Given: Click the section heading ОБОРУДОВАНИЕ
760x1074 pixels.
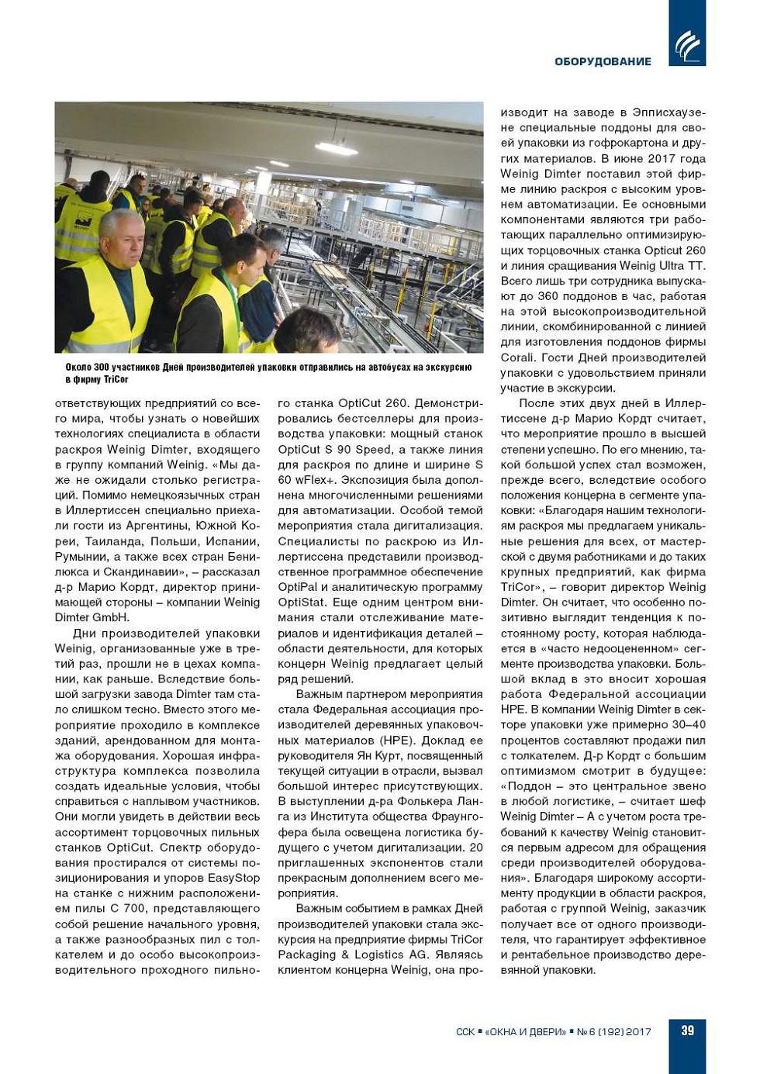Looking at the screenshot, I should pos(603,61).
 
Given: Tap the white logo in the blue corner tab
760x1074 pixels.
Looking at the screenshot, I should pos(687,46).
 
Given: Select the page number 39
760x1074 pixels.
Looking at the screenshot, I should pos(687,1031).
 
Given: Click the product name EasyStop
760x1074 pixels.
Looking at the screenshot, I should pos(233,878).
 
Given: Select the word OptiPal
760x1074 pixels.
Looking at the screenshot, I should pos(298,587).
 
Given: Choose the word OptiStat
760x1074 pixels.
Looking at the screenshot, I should pos(301,603).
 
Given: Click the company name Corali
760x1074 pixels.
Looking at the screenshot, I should pos(516,357).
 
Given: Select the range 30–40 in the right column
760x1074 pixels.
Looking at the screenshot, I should pos(688,724).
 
